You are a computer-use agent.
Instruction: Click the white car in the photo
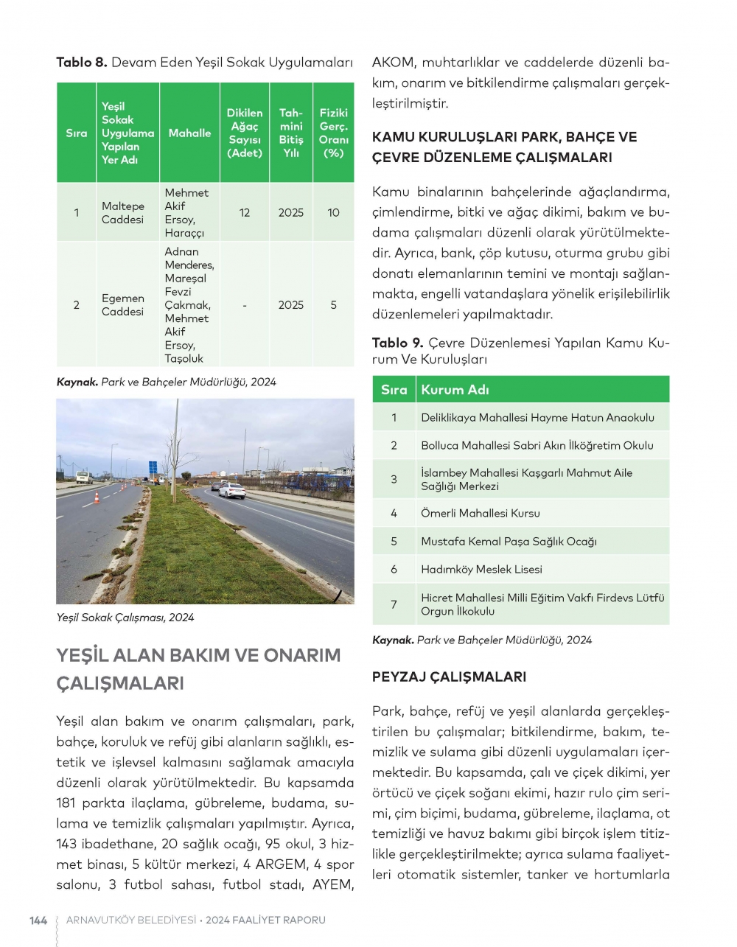231,491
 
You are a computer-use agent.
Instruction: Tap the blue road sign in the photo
153,467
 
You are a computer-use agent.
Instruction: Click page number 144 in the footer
38,920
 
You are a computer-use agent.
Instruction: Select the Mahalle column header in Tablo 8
189,133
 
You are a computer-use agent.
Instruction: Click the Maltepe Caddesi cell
123,213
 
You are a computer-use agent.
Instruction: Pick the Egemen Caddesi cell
123,305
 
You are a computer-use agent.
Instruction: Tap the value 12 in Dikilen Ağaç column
245,213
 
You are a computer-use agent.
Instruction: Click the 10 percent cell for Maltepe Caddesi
333,213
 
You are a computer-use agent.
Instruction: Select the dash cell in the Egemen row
245,305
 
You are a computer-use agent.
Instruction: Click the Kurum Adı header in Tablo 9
455,390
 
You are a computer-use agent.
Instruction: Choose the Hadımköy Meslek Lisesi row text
481,570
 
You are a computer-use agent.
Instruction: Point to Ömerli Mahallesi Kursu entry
480,514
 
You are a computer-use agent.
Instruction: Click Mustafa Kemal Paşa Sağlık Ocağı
509,542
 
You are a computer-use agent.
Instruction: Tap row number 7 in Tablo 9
394,604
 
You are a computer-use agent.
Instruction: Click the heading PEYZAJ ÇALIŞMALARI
449,677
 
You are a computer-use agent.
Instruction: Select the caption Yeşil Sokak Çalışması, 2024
125,618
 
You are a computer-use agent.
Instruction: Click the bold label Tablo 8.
82,63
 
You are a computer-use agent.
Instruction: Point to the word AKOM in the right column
394,63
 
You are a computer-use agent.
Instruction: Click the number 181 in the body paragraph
67,803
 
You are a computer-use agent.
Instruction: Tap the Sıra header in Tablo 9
394,390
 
